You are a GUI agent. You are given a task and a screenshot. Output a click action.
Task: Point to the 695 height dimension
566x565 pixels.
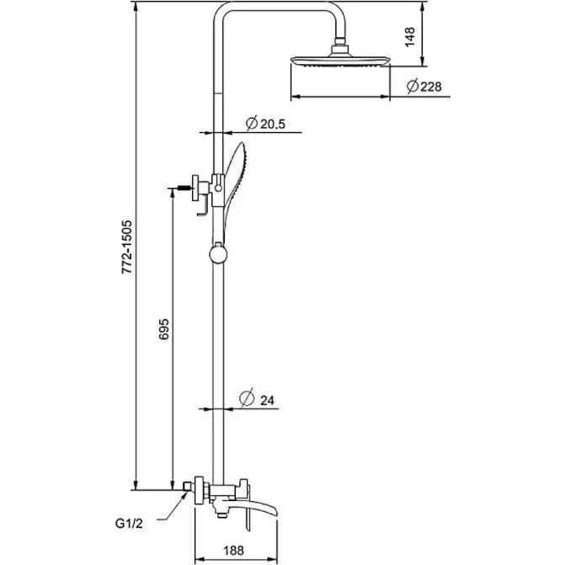coord(164,332)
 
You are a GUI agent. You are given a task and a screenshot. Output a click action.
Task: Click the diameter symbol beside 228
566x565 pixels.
coord(413,87)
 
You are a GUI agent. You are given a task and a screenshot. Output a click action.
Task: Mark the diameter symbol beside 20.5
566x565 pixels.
coord(251,124)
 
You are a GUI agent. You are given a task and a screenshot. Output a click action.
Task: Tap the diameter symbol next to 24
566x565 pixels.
coord(246,400)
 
